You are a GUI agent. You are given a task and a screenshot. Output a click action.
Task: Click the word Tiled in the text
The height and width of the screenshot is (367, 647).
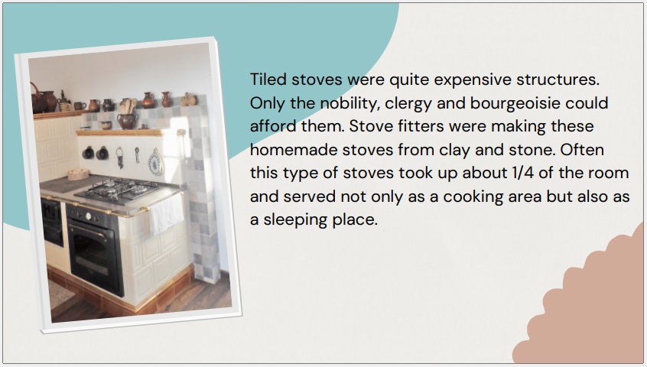point(268,80)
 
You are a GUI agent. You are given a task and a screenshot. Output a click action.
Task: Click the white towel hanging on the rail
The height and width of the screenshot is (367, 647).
point(166,213)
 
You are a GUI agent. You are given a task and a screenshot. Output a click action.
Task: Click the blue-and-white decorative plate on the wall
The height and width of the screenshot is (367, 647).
point(156,163)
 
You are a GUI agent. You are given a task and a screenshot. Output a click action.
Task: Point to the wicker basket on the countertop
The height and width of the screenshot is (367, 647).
point(79,174)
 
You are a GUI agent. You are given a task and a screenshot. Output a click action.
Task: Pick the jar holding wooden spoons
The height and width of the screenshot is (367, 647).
point(128,115)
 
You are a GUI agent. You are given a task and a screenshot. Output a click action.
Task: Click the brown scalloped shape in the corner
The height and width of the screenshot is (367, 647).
point(586,301)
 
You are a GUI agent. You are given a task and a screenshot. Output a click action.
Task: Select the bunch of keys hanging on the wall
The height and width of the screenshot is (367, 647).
point(119,158)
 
